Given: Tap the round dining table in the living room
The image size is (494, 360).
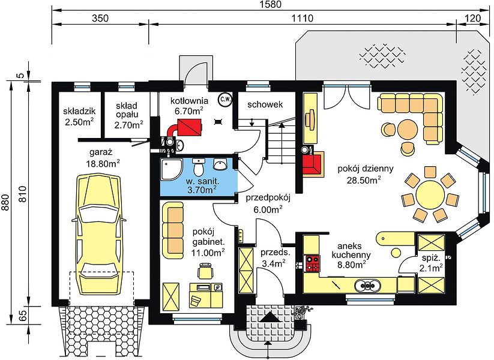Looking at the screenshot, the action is (x=430, y=194).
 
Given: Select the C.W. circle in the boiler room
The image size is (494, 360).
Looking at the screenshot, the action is (x=225, y=100).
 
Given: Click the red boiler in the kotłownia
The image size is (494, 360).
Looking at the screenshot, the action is (x=189, y=127).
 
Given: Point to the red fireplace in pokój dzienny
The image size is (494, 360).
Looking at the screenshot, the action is (x=312, y=163).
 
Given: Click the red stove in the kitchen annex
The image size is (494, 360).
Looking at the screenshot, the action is (x=312, y=263).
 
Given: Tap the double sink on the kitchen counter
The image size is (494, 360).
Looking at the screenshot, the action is (x=368, y=286).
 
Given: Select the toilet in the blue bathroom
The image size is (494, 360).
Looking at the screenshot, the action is (x=199, y=167).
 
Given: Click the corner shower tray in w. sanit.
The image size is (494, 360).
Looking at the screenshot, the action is (x=171, y=169).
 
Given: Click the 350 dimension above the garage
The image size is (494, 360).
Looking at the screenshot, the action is (x=100, y=18).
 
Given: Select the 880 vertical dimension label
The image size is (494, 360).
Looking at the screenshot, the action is (x=5, y=202).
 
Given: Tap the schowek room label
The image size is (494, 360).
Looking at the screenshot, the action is (x=265, y=104).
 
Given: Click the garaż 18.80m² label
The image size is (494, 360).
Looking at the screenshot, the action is (x=103, y=158).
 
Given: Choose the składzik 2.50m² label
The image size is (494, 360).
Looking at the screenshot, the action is (x=79, y=116).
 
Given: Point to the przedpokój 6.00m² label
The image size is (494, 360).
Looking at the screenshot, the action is (x=268, y=203).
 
